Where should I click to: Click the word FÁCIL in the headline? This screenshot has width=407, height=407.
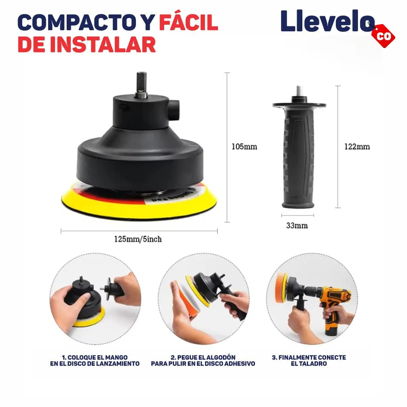(x=189, y=22)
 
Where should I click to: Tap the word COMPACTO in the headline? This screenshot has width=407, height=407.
(x=77, y=23)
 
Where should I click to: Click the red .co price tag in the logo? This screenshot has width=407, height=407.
(x=383, y=36)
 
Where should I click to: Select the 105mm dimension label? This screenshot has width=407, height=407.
(x=244, y=147)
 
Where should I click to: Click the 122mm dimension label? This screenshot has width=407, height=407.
(x=357, y=147)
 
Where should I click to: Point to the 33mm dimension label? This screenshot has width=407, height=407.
(x=297, y=225)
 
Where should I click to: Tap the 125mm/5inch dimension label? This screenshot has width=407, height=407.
(x=138, y=239)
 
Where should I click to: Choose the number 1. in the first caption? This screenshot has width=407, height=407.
(x=64, y=357)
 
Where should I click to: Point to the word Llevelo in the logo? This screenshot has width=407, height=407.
(x=328, y=21)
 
